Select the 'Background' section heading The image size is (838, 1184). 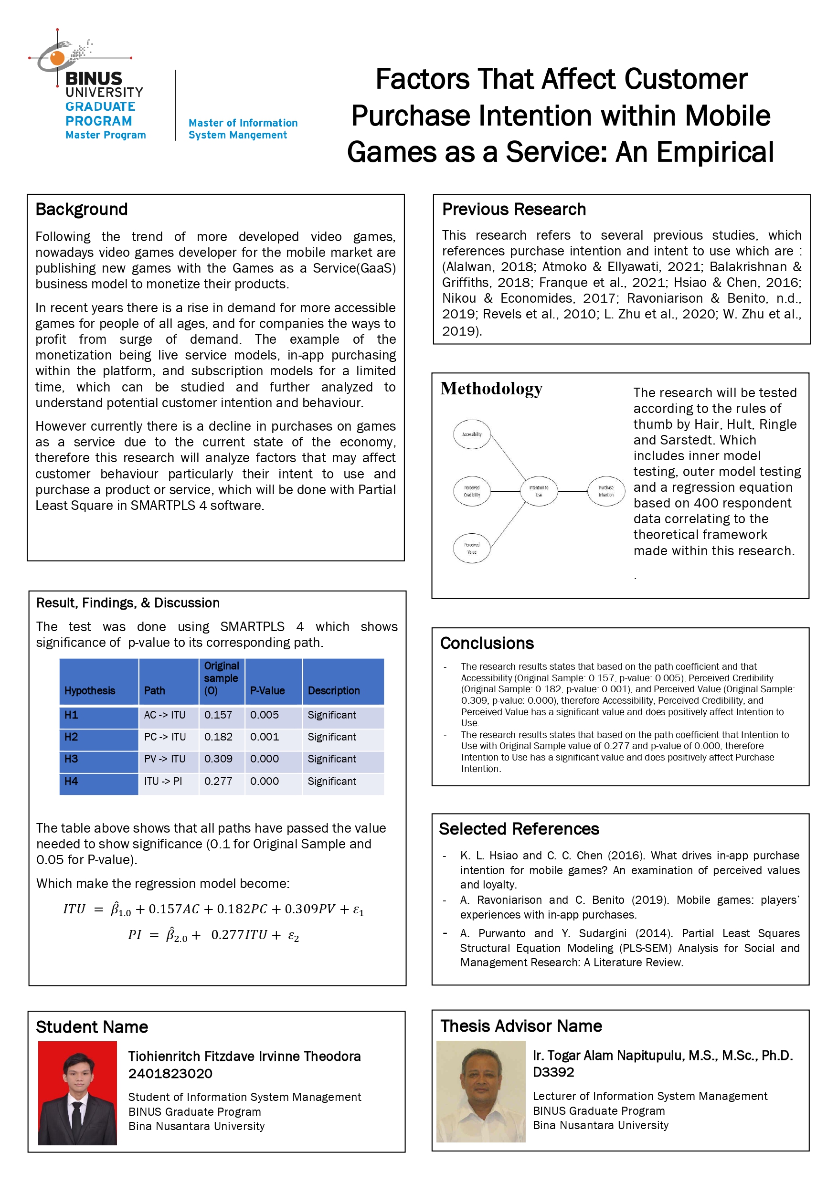coord(82,210)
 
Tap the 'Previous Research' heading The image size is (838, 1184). coord(514,210)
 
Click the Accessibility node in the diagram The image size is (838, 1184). coord(472,434)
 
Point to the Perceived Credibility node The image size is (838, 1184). coord(472,491)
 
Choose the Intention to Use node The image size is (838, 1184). coord(539,491)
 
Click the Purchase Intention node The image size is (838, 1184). coord(606,491)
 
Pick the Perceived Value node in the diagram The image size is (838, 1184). coord(472,548)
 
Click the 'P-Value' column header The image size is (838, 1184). coord(267,690)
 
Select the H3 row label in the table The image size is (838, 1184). coord(71,759)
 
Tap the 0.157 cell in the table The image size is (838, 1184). coord(218,715)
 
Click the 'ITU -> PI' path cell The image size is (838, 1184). coord(163,781)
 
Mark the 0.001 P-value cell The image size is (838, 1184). coord(264,737)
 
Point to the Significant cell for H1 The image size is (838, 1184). coord(332,715)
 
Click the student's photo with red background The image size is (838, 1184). coord(77,1093)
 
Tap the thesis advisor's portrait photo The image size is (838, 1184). coord(481,1091)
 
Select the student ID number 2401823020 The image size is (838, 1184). coord(170,1074)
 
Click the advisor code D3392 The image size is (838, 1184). coord(553,1072)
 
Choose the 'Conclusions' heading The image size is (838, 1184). coord(487,644)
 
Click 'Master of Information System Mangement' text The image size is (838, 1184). coord(243,129)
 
